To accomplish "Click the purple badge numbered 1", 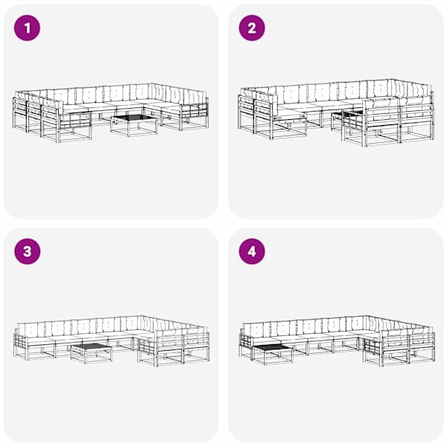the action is tap(27, 28).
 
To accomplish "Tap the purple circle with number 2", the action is tap(252, 28).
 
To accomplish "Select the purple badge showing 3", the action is tap(27, 252).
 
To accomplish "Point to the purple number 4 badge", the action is tap(252, 252).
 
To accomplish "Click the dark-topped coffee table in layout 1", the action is tap(134, 125).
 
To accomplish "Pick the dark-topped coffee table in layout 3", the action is tap(92, 353).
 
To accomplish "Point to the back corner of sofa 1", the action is tap(152, 83).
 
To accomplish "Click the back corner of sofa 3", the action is tap(140, 316).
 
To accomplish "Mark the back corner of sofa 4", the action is tap(366, 316).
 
